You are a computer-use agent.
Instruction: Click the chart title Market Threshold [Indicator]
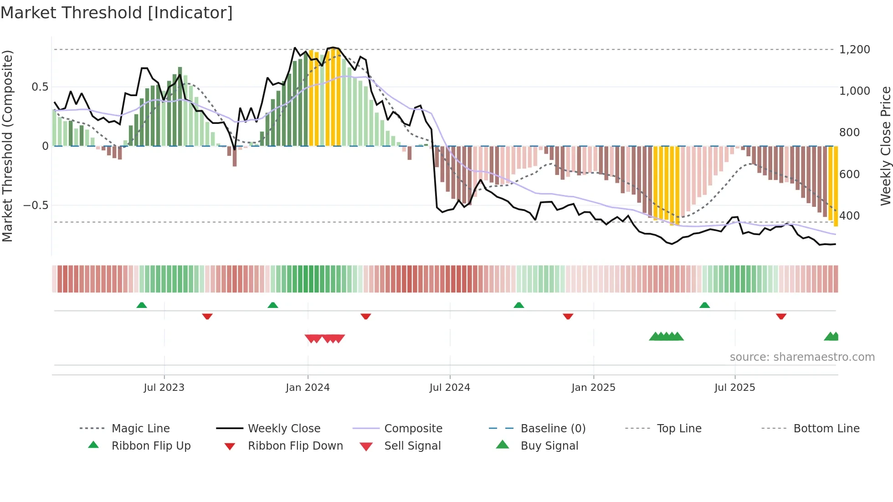click(117, 13)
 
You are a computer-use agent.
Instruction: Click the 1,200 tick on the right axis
click(854, 49)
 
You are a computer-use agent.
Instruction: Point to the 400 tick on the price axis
click(849, 215)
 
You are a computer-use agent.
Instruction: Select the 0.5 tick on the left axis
click(40, 87)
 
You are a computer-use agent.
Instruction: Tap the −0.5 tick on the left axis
click(36, 205)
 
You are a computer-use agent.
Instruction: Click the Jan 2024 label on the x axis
click(308, 387)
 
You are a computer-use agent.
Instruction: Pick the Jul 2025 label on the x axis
click(734, 387)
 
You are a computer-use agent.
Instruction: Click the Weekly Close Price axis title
click(885, 146)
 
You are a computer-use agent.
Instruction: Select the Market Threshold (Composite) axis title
click(7, 146)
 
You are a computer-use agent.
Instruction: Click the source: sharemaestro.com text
click(802, 357)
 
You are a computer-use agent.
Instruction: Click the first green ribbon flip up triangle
click(142, 305)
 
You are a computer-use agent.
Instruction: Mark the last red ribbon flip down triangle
click(781, 316)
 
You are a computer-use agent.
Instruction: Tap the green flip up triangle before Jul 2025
click(704, 305)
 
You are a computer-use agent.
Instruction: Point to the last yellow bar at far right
click(836, 187)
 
